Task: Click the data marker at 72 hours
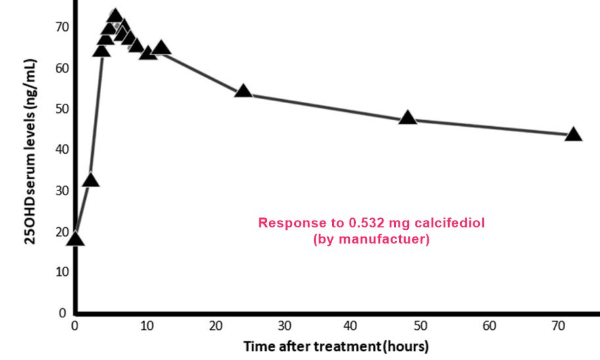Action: [x=573, y=135]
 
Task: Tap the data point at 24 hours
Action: [x=243, y=91]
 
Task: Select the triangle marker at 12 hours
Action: [x=160, y=48]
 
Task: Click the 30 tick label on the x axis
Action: [x=284, y=326]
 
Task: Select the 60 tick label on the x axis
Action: [x=490, y=326]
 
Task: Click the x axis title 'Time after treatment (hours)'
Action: [x=335, y=346]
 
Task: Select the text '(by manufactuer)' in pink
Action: [x=372, y=239]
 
